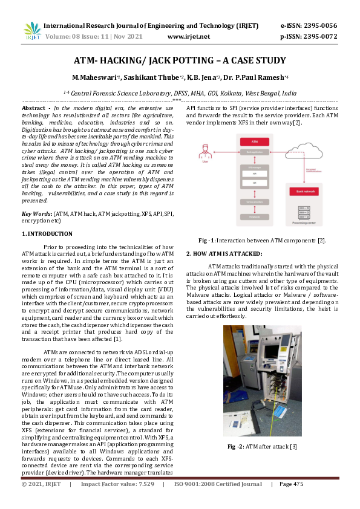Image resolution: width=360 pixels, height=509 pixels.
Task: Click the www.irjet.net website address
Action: click(188, 37)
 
